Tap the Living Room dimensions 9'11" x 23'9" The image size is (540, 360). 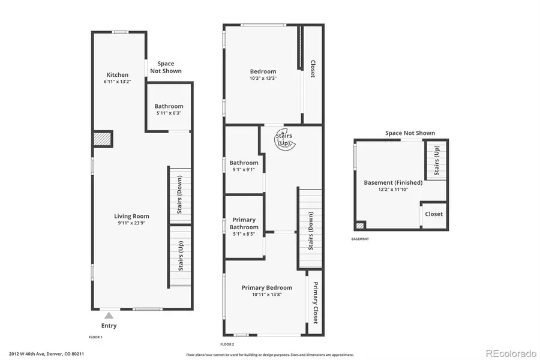132,223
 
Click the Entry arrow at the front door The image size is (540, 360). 109,314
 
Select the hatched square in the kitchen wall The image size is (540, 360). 101,139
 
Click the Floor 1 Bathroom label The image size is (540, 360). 169,106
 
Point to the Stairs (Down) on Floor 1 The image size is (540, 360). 179,195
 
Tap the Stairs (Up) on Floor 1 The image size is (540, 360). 179,254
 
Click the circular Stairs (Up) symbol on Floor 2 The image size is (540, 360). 284,140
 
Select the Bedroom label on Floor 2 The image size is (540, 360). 263,71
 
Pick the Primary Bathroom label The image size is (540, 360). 244,223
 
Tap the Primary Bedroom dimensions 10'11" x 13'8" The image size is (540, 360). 267,295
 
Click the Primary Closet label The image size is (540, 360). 314,302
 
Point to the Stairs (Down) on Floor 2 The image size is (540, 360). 311,230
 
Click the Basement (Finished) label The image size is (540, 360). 393,182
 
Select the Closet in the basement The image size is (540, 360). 434,214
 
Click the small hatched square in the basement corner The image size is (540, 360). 360,226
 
